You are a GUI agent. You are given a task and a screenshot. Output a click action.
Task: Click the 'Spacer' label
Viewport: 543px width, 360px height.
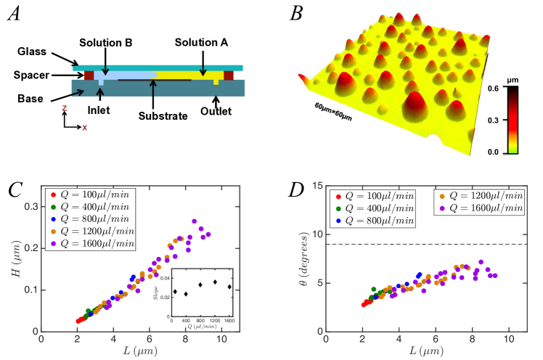click(30, 74)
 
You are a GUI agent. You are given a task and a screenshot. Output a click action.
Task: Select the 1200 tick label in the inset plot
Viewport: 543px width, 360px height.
click(215, 320)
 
